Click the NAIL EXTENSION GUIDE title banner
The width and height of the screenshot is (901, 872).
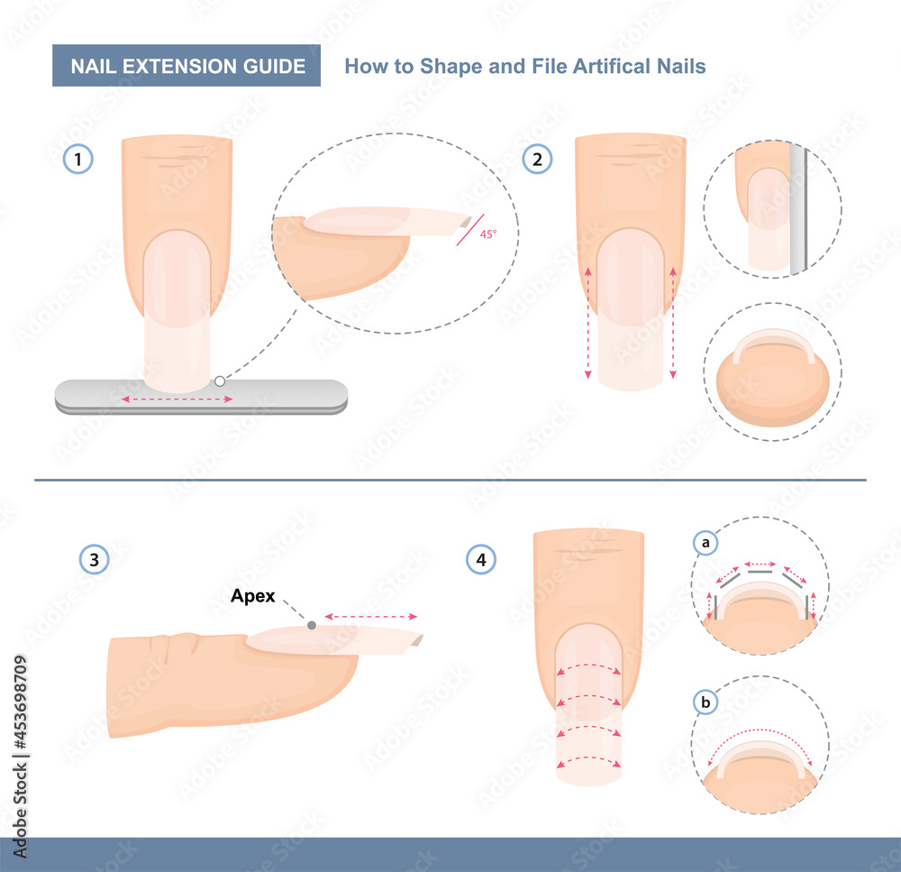coord(187,67)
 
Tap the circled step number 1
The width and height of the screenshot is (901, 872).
coord(78,161)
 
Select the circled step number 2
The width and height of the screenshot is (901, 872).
coord(538,161)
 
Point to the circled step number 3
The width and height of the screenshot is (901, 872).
coord(95,560)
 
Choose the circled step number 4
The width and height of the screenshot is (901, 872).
coord(481,560)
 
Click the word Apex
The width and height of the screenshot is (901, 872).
coord(253,595)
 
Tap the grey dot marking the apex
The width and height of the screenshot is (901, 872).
coord(311,624)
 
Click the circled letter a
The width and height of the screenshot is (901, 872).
coord(705,543)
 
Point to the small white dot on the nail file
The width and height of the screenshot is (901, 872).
coord(219,381)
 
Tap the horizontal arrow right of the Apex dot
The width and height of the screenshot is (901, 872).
coord(370,617)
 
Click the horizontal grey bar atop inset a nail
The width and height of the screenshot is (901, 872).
coord(760,571)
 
